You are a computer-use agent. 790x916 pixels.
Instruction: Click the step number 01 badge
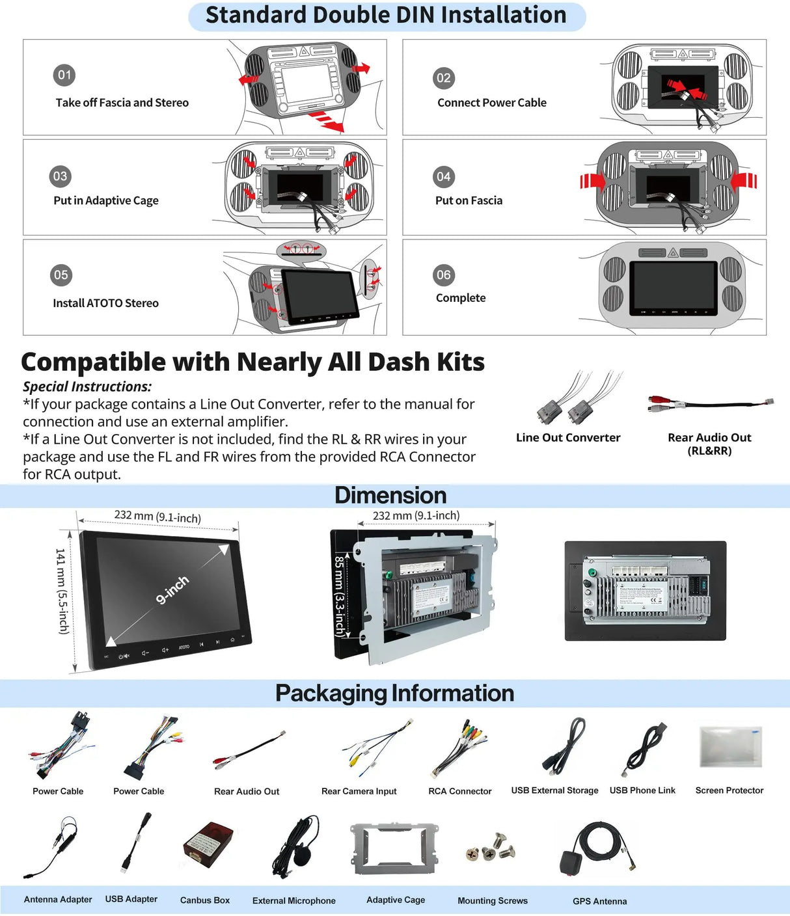coord(64,75)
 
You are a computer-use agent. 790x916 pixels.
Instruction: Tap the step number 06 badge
coord(444,275)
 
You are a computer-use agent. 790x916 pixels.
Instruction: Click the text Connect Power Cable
coord(492,103)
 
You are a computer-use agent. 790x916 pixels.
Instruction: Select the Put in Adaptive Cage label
coord(106,200)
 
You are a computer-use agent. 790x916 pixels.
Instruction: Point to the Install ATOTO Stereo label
coord(105,303)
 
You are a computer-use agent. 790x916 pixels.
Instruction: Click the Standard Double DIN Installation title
coord(387,15)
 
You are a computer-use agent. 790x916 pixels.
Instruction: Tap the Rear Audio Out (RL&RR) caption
coord(709,444)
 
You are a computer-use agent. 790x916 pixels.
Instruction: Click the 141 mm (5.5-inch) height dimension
coord(62,591)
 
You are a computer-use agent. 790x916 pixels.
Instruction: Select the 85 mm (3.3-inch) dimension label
coord(339,595)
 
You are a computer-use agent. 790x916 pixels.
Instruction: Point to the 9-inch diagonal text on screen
coord(172,589)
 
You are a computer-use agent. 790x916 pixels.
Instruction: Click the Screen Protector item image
coord(730,746)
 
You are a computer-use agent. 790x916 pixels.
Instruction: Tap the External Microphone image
coord(298,844)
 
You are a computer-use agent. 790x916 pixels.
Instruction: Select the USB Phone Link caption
coord(642,790)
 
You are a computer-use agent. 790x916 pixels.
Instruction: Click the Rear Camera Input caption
coord(359,791)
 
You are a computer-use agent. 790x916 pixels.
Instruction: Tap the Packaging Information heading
coord(394,694)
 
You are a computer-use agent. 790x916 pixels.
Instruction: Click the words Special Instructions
coord(87,386)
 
